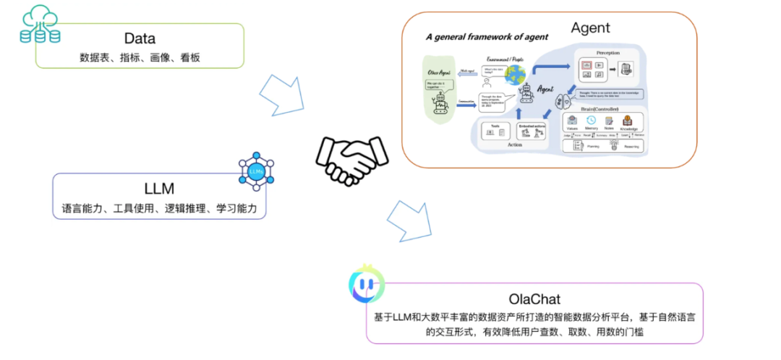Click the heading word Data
coord(139,38)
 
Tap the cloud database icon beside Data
coord(40,24)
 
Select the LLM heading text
coord(159,189)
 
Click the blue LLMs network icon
coord(257,171)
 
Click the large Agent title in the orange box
coord(590,28)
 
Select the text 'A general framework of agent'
coord(486,37)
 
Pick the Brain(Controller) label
coord(600,108)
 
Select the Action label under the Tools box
coord(514,145)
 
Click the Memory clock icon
coord(591,121)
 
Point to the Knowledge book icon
coord(627,121)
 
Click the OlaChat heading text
coord(534,299)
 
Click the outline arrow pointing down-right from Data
coord(281,93)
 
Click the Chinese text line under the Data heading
coord(139,56)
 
